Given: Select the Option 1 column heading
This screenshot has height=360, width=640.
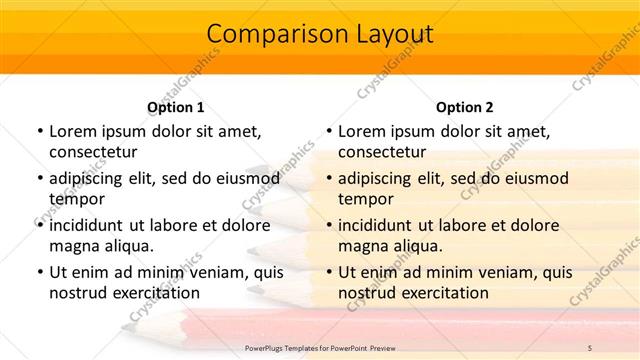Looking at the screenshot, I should point(175,108).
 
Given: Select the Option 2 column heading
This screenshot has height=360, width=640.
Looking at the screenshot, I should point(464,108).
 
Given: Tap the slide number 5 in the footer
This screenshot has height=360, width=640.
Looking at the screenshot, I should point(589,347).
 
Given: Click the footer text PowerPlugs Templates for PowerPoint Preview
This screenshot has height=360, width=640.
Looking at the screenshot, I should point(320,347).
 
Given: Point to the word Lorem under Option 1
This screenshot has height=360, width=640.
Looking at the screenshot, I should point(73,131).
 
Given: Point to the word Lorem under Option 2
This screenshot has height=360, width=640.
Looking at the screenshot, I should point(362,131).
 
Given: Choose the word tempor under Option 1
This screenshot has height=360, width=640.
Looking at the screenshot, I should point(77,199).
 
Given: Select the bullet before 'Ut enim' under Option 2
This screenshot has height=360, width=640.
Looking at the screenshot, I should point(328,272).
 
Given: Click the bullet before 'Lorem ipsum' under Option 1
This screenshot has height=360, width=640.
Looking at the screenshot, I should point(39,131).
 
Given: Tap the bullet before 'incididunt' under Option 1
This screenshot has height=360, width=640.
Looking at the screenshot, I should point(39,225).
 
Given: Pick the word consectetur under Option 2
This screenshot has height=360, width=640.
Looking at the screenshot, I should point(383,152).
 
